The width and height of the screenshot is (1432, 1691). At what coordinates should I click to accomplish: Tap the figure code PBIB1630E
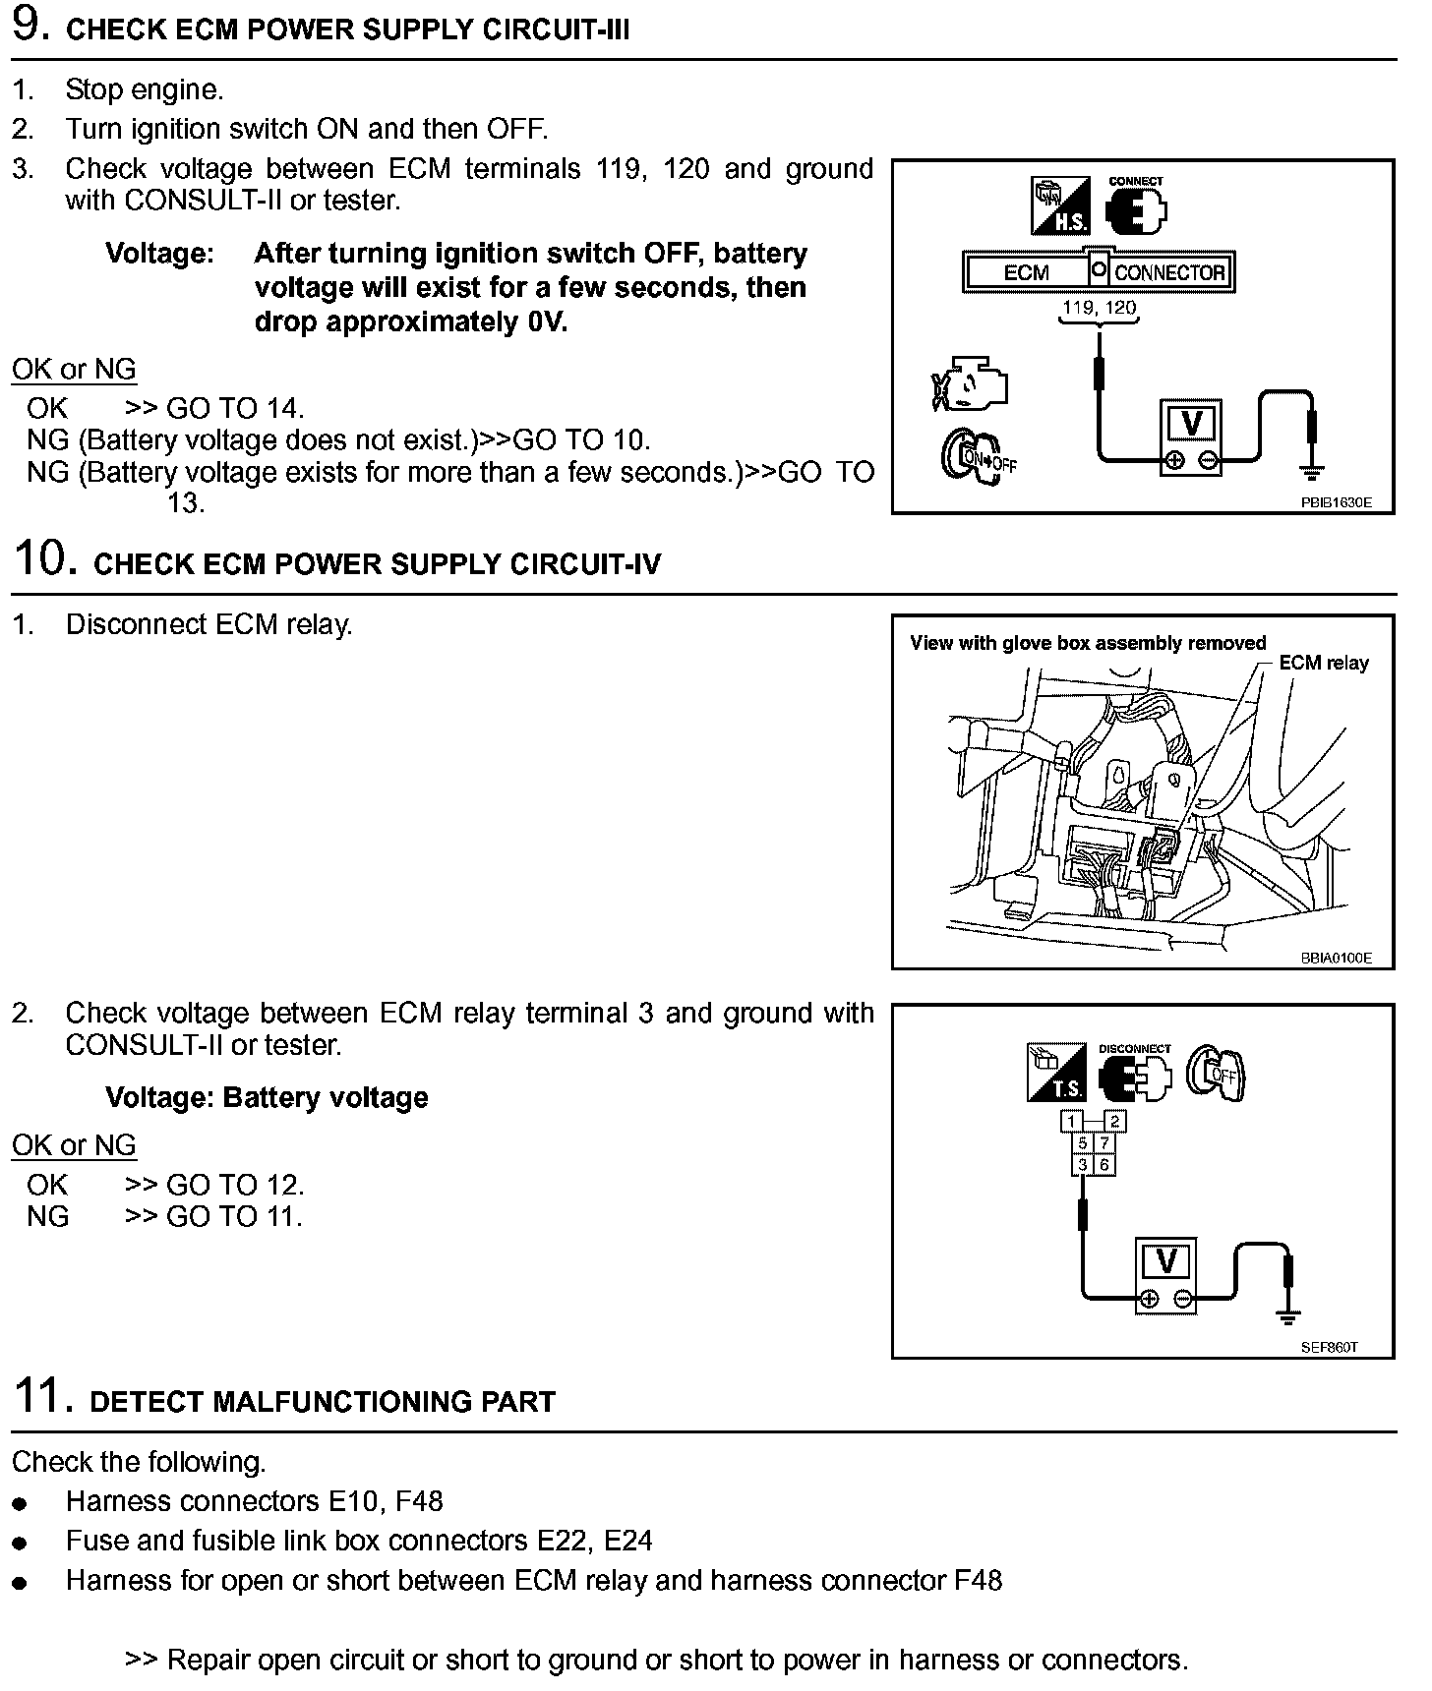[1335, 502]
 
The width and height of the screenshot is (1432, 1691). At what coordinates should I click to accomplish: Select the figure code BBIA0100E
[1336, 958]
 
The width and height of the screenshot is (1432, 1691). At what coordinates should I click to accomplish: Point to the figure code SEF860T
[1329, 1347]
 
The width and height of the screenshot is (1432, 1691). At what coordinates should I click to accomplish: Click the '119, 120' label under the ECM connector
[1099, 308]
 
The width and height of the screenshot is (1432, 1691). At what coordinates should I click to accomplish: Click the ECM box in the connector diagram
[1026, 272]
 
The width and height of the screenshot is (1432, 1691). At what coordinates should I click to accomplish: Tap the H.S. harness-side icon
[1059, 205]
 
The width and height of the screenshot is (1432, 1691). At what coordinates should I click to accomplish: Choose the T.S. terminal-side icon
[1055, 1073]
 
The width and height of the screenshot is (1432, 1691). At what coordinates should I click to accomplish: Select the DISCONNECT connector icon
[1135, 1077]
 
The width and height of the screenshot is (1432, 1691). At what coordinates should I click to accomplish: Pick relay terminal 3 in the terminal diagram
[1082, 1165]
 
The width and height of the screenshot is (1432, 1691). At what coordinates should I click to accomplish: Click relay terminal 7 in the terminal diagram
[1104, 1143]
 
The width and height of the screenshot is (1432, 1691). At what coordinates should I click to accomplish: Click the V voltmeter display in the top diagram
[1190, 424]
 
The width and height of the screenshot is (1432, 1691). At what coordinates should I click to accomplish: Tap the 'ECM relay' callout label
[1323, 663]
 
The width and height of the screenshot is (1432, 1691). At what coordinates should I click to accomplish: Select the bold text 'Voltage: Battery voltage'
[267, 1097]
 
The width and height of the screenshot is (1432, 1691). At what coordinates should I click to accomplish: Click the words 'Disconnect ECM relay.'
[209, 624]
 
